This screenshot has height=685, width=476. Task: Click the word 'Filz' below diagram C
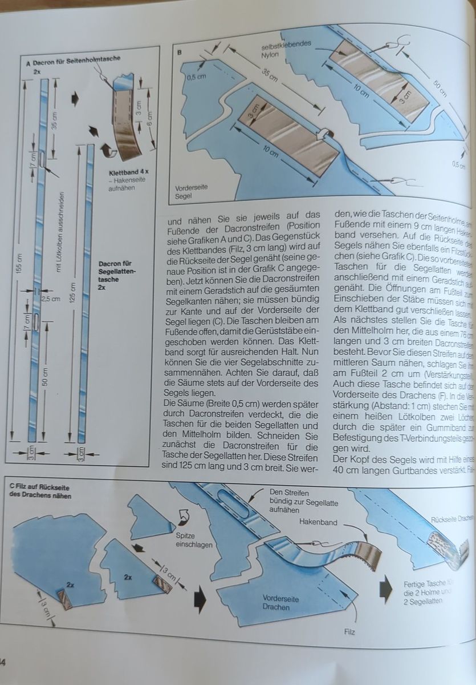click(349, 632)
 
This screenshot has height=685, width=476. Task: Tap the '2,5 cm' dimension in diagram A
click(52, 298)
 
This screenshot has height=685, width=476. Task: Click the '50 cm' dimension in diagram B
click(438, 86)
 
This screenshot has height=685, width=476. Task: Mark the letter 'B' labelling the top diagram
click(180, 52)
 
